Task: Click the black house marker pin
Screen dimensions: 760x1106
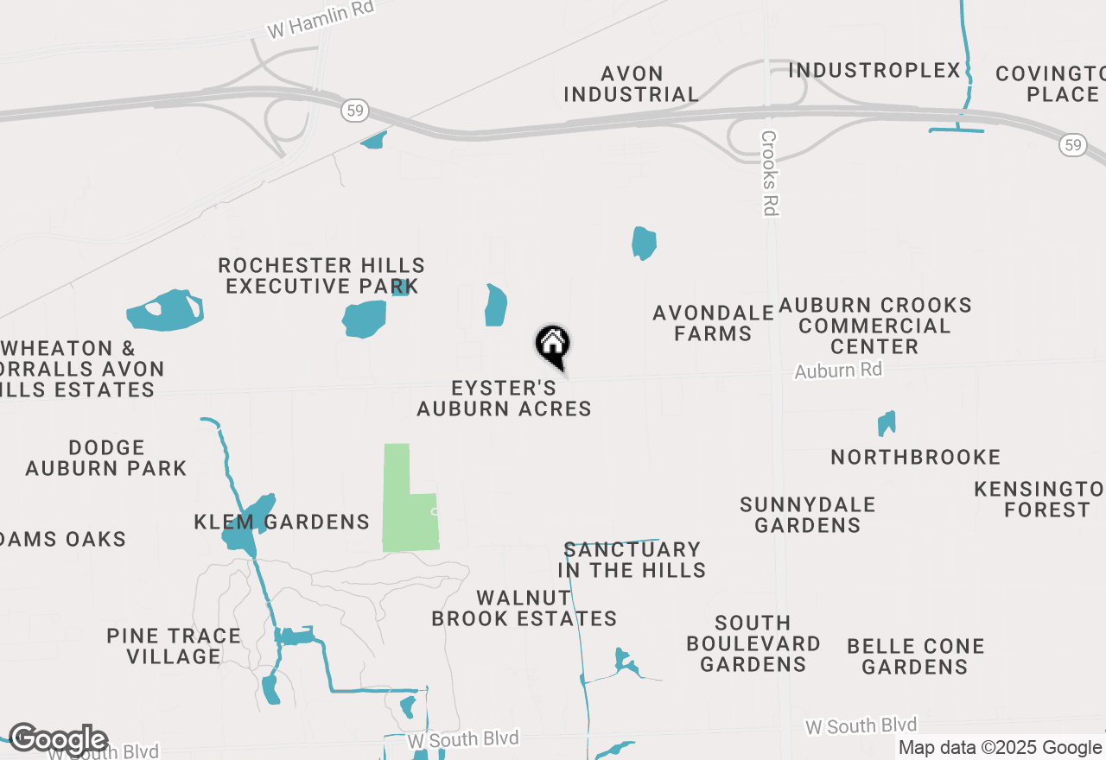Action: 553,346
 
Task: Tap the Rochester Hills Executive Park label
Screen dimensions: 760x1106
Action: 321,275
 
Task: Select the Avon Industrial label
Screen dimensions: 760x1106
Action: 632,84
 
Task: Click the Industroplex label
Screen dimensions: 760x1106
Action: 874,70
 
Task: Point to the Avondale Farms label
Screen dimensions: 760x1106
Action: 713,322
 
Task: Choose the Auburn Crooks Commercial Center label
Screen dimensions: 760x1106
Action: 874,326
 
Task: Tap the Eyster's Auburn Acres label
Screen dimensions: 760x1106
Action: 504,398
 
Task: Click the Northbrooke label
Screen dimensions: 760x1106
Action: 915,457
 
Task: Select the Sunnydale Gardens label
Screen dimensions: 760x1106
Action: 807,514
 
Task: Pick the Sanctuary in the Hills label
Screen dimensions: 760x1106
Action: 632,560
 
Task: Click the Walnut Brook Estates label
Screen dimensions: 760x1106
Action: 524,608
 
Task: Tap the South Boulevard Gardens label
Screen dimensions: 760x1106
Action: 753,643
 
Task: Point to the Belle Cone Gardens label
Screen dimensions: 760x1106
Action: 915,656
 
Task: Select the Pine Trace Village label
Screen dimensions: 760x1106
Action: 174,646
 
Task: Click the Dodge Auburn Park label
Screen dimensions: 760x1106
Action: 105,458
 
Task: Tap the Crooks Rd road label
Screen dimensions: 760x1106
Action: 770,173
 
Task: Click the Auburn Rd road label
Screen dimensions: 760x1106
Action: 838,370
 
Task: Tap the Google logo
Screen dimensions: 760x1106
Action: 58,739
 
